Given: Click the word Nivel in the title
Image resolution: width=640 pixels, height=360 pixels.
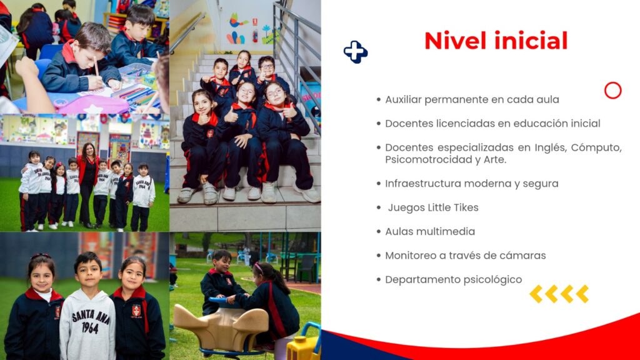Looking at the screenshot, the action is [455, 41].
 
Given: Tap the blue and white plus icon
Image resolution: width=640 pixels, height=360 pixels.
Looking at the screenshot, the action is [356, 52].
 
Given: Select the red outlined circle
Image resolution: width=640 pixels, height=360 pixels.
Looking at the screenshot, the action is [612, 91].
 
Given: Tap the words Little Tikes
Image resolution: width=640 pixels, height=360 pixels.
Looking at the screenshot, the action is [453, 207].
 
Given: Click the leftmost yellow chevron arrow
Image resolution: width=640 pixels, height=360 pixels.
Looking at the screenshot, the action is [536, 294].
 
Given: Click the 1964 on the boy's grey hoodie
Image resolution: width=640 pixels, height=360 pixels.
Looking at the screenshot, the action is [90, 327].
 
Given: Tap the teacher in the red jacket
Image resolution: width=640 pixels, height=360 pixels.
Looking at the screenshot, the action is [87, 184].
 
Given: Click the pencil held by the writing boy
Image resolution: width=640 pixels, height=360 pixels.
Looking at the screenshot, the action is [96, 66].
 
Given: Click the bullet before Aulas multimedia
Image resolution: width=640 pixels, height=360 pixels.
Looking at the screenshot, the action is [379, 232].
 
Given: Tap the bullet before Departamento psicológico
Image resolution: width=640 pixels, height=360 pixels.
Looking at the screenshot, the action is [379, 280].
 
